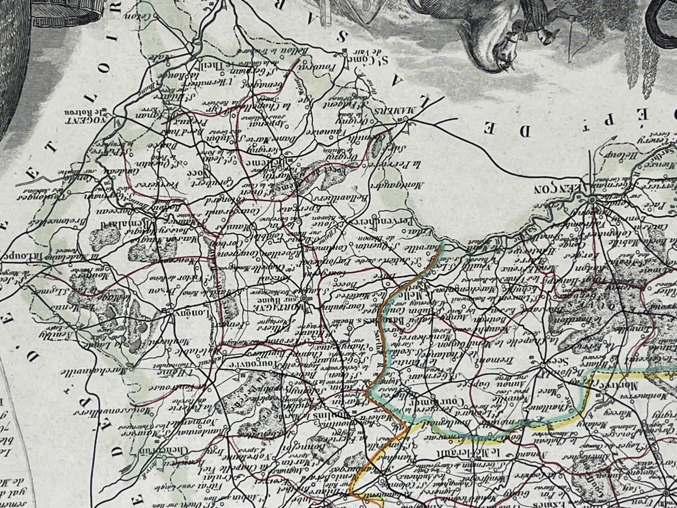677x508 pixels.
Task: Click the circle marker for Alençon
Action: point(592,199)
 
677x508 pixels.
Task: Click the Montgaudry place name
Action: point(389,176)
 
